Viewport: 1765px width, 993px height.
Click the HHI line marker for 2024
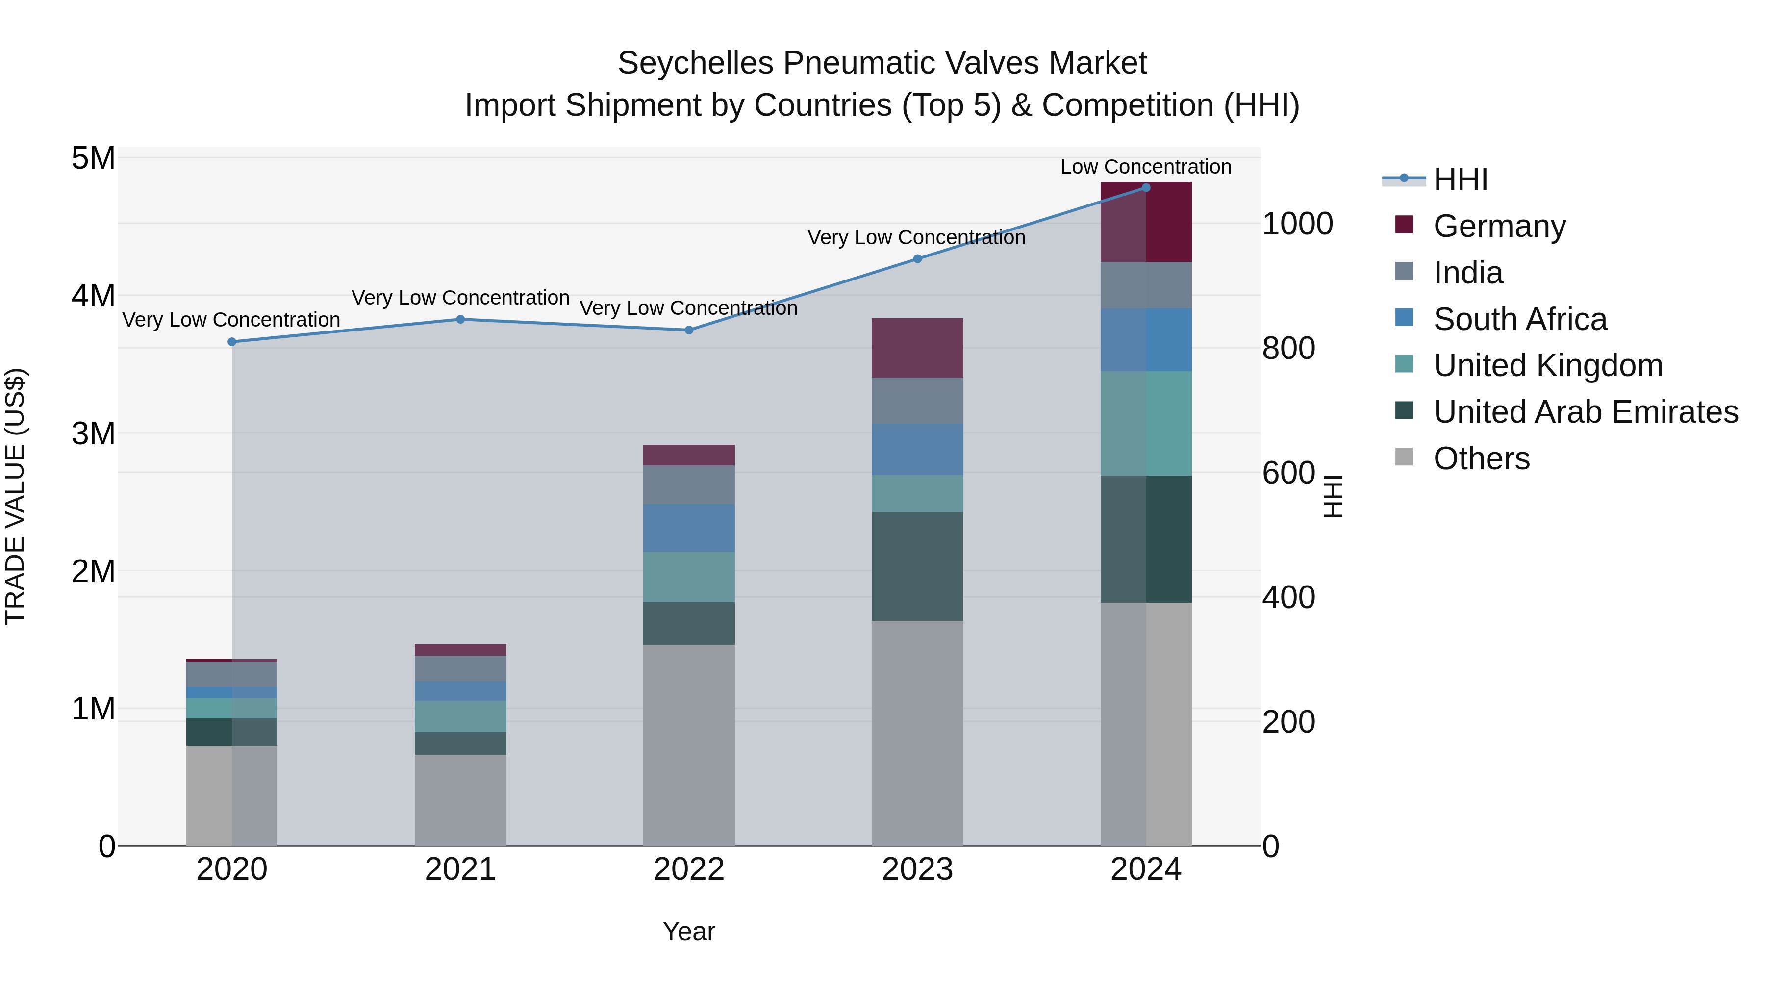(1146, 188)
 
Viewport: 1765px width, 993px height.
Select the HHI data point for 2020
(231, 342)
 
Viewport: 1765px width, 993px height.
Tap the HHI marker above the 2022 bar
(689, 331)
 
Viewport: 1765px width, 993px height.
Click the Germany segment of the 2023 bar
(917, 348)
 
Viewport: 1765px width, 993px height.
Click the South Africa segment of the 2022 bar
(689, 528)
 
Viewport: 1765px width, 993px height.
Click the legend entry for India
(1467, 273)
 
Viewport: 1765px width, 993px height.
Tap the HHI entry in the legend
(1460, 179)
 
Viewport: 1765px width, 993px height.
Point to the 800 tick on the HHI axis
(1288, 348)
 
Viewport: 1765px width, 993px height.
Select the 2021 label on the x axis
(460, 869)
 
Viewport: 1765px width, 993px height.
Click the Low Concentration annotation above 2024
(1146, 167)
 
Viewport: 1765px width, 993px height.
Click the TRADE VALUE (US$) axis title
(15, 496)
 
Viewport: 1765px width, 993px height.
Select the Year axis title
(689, 931)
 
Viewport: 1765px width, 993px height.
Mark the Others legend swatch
(1404, 457)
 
